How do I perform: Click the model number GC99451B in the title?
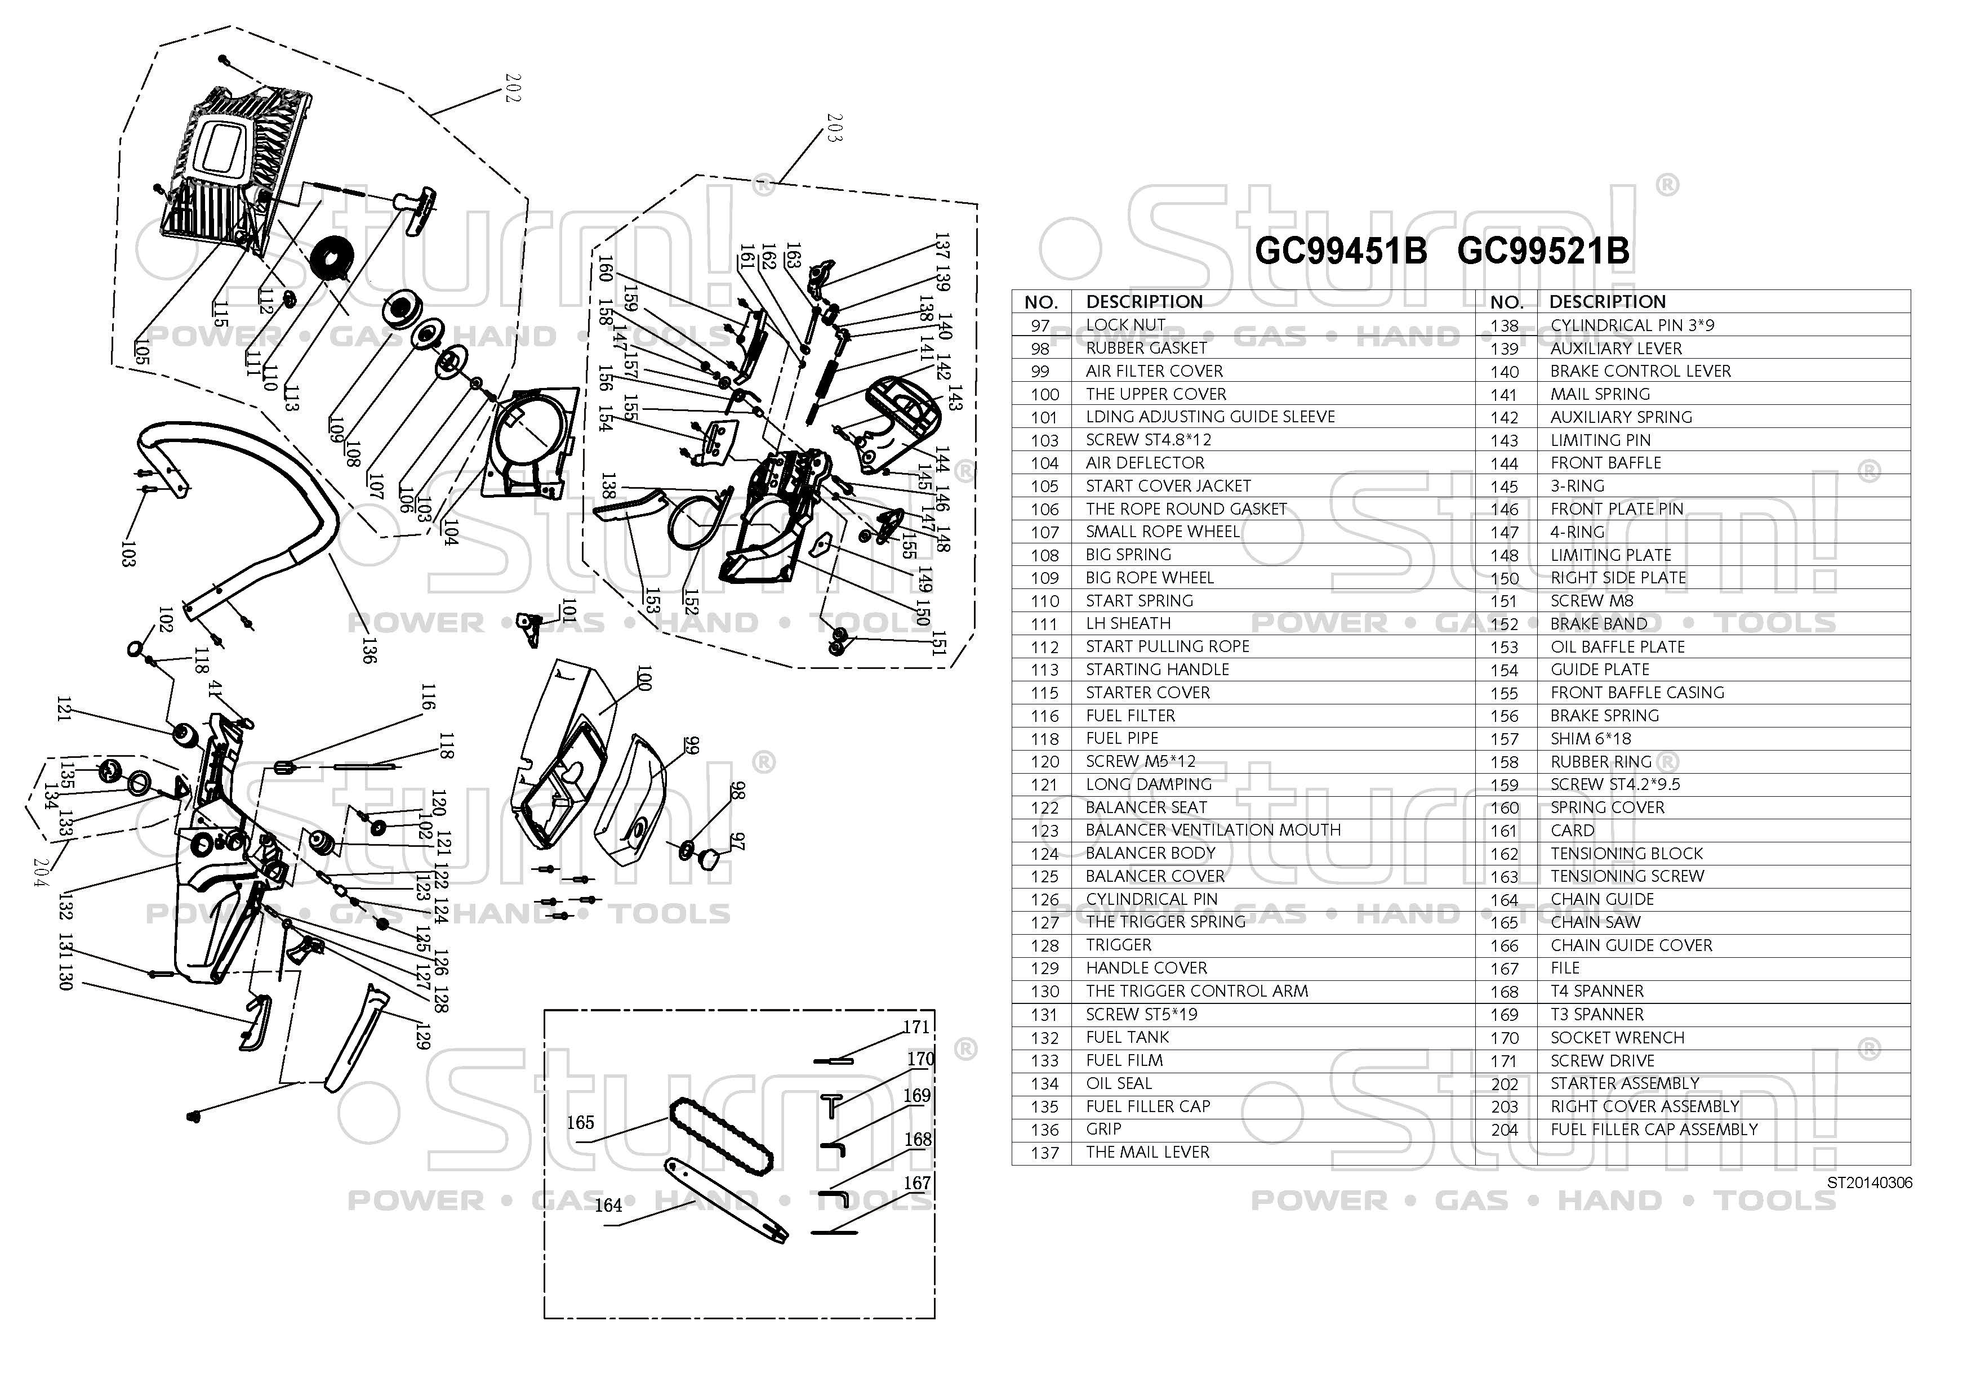(1341, 251)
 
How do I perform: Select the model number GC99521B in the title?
(1543, 251)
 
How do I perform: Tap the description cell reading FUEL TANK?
(1128, 1037)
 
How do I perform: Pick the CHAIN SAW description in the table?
(1596, 922)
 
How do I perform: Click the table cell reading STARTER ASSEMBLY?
(1625, 1083)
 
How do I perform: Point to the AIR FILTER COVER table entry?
(1154, 371)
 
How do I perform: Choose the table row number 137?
(1045, 1153)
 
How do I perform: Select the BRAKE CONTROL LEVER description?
(1640, 371)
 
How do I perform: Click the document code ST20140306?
(1870, 1183)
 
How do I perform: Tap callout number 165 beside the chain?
(580, 1123)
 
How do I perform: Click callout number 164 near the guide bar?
(608, 1205)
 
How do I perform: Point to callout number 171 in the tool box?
(916, 1027)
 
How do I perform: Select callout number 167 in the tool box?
(918, 1184)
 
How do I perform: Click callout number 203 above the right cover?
(833, 127)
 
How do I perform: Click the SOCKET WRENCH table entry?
(1618, 1037)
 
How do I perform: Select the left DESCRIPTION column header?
(1145, 302)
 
